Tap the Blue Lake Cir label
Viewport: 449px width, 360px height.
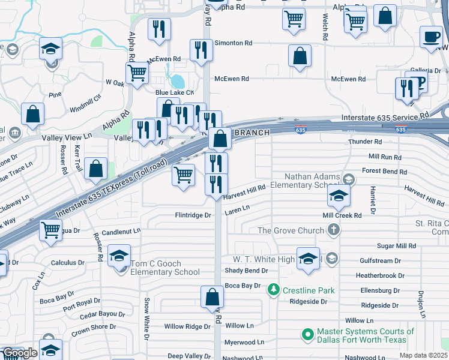[x=174, y=92]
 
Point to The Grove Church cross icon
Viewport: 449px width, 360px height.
[x=334, y=230]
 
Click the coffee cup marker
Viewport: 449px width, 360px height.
[x=430, y=37]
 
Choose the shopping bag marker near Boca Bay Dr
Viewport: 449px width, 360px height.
[x=212, y=296]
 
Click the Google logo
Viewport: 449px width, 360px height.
[x=20, y=353]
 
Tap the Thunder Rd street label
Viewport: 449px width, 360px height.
[x=365, y=142]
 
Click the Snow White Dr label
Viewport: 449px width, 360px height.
[x=146, y=316]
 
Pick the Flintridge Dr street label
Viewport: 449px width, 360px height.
[x=193, y=215]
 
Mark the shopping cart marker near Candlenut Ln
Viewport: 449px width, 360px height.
[x=51, y=229]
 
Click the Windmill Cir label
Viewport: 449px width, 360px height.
[x=82, y=106]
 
